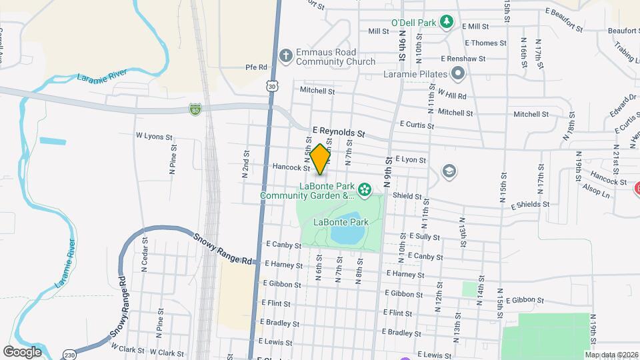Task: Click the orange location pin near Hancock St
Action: click(320, 159)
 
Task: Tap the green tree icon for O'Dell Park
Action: click(449, 23)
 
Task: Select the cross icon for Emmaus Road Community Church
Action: click(285, 56)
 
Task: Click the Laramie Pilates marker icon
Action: click(457, 73)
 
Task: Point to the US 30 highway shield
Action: click(271, 86)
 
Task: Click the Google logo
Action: click(22, 351)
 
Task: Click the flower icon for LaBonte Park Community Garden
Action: click(364, 191)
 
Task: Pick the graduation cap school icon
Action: click(449, 172)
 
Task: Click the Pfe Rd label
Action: click(256, 67)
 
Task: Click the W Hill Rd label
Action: click(451, 95)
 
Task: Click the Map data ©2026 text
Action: click(611, 354)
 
